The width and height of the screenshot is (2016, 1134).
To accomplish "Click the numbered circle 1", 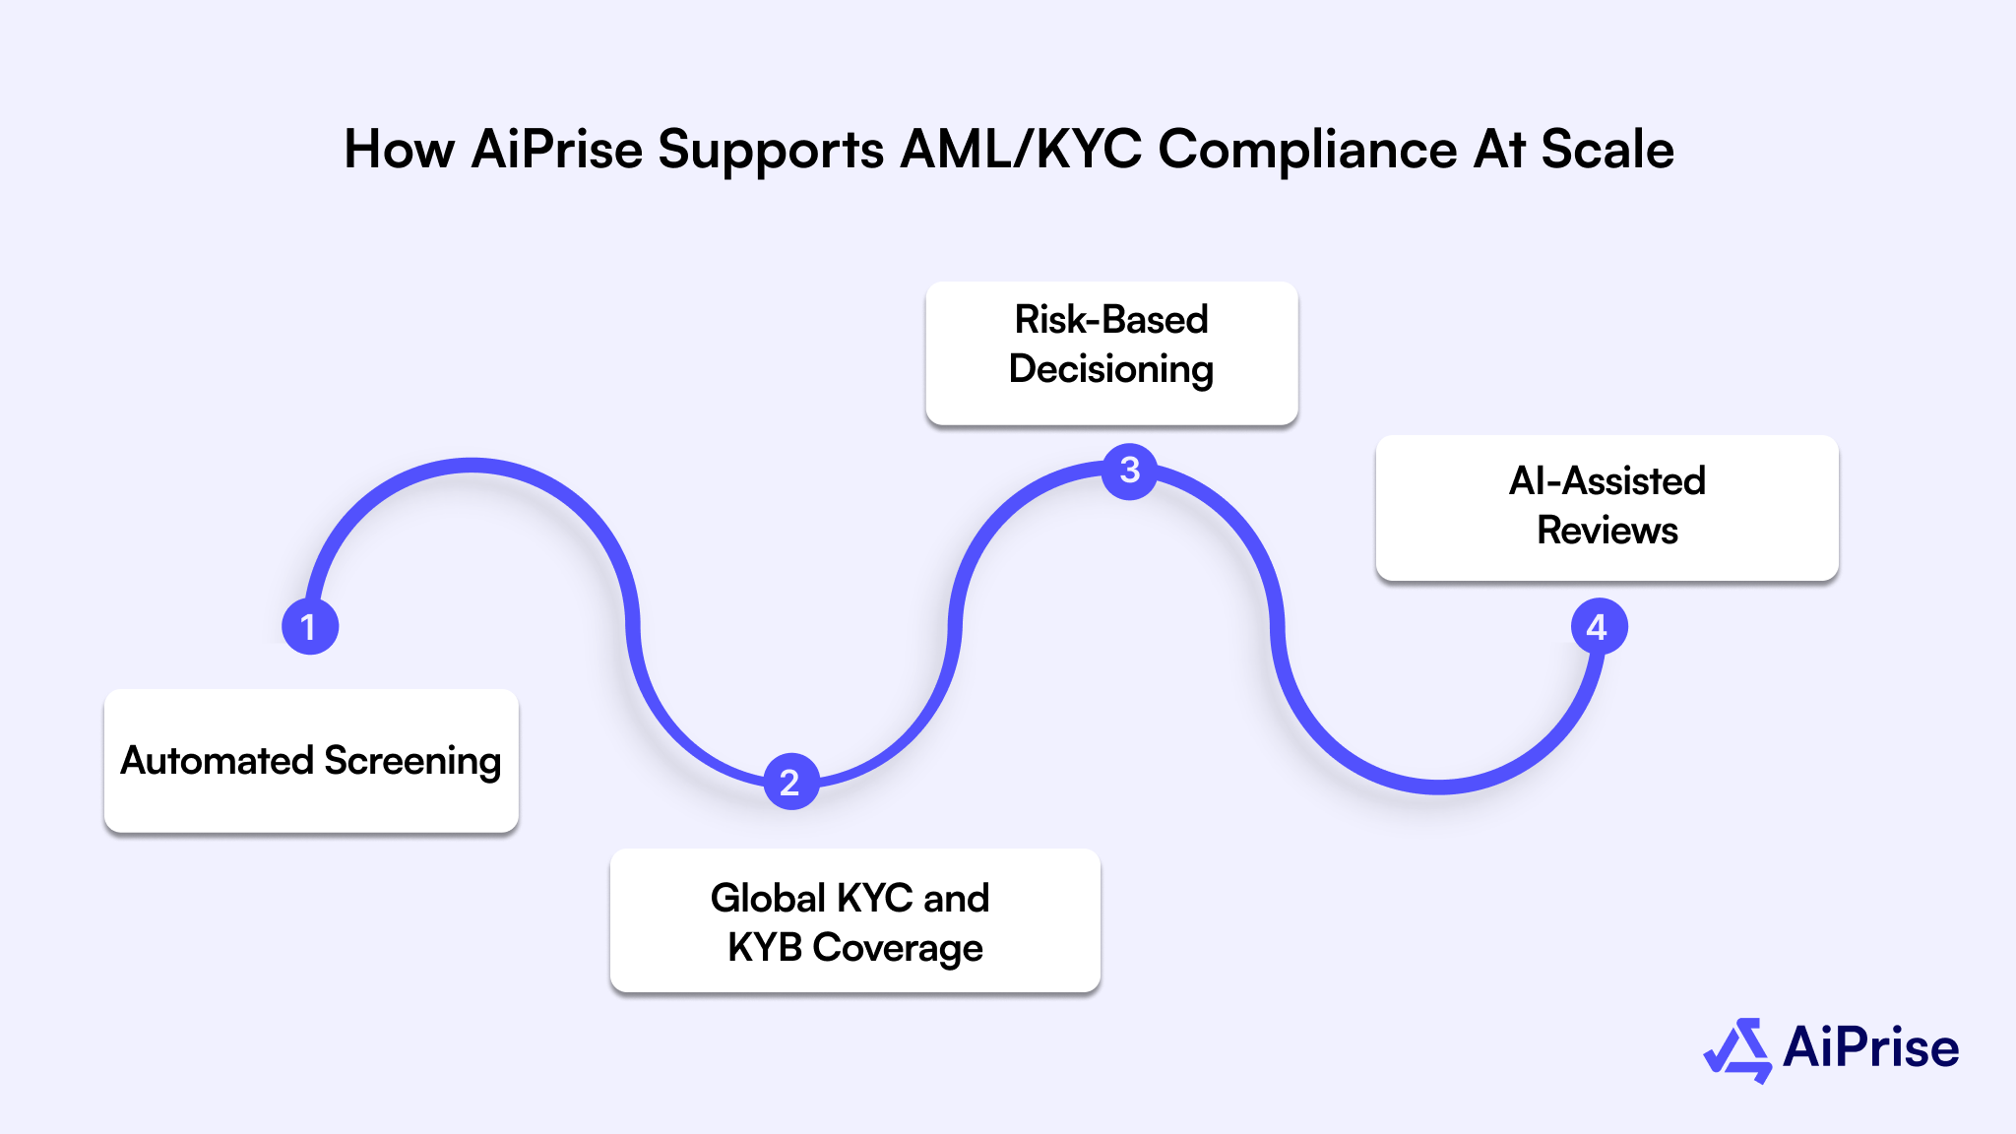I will (310, 627).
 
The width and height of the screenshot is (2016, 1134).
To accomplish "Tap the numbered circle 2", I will (790, 782).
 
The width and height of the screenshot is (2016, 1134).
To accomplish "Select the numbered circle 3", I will (1130, 471).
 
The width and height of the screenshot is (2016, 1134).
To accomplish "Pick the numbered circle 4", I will (1598, 627).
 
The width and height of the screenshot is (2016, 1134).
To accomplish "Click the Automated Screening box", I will (311, 760).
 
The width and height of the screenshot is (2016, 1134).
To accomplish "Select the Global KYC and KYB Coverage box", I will (854, 920).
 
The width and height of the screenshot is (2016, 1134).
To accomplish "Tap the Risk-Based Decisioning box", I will (1111, 353).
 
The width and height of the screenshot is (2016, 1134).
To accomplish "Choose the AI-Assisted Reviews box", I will (1606, 507).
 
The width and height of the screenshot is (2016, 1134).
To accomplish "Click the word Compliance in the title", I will (1307, 151).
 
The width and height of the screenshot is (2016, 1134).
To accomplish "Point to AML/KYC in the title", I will (1021, 151).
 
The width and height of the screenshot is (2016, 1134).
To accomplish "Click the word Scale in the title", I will (1606, 151).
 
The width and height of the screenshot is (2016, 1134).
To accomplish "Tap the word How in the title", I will (399, 151).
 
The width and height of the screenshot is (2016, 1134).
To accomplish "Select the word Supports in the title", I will (771, 151).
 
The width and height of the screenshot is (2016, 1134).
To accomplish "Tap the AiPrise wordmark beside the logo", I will (1870, 1047).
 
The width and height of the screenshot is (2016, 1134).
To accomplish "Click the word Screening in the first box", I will (412, 761).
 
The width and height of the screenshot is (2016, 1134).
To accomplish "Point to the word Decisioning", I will (1111, 370).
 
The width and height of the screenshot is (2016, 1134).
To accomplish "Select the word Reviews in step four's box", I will (1607, 531).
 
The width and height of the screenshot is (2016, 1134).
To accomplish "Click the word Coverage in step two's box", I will (898, 948).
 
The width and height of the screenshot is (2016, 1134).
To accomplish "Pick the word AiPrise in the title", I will (557, 151).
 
